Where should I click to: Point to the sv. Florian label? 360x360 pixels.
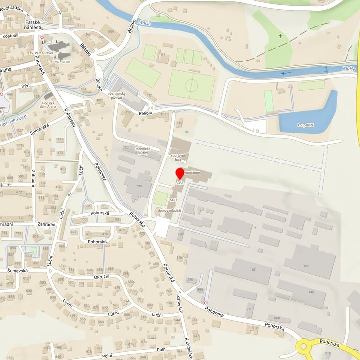[63, 62]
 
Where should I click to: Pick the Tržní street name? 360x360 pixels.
[19, 86]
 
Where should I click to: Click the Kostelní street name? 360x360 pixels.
[10, 36]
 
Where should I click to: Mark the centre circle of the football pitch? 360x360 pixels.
[191, 85]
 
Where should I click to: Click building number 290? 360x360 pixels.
[139, 186]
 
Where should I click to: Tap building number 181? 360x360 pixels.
[254, 270]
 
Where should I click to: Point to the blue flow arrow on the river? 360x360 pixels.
[286, 73]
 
